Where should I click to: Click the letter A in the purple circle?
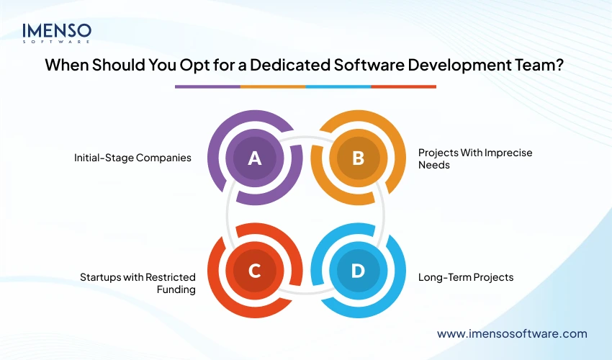point(254,158)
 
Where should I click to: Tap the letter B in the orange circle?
point(358,158)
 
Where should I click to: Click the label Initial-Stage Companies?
point(132,158)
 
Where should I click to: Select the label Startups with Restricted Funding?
point(137,282)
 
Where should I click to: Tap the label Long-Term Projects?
point(466,276)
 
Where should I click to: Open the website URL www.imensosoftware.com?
point(512,333)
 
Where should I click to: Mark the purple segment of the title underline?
point(207,86)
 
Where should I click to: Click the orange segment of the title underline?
point(273,86)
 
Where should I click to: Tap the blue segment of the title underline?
point(338,86)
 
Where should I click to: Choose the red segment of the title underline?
point(403,86)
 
